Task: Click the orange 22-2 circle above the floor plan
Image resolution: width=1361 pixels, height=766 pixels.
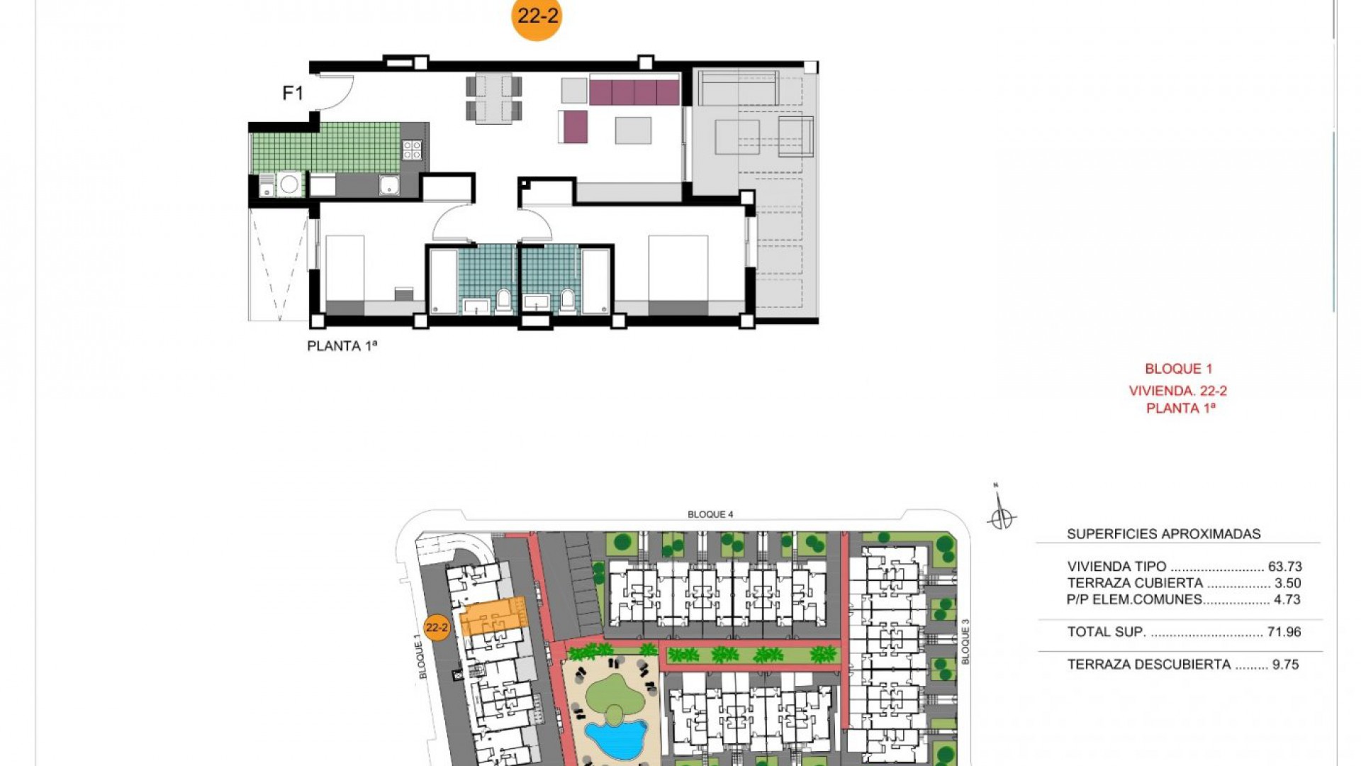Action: (537, 16)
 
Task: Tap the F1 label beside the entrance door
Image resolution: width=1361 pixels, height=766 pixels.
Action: (293, 93)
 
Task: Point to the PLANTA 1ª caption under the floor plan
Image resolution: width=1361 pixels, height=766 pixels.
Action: (342, 346)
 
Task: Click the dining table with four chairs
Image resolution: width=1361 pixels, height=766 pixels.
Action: (494, 98)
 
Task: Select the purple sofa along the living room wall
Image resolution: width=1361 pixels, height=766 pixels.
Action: (634, 91)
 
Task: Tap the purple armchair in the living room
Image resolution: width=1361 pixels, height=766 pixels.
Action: (573, 127)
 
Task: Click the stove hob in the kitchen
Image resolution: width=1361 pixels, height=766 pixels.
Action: (413, 150)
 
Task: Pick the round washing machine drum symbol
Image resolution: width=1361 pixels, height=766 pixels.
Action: (289, 184)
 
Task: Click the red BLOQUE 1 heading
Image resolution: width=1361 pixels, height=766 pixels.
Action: (1179, 369)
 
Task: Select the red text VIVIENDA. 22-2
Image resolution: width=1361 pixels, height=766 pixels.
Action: (1178, 391)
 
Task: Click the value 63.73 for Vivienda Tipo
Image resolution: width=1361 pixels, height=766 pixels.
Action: (1285, 567)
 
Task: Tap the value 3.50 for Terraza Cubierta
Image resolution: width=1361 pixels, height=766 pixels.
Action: (1288, 583)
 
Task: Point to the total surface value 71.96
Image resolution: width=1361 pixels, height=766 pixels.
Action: (1284, 632)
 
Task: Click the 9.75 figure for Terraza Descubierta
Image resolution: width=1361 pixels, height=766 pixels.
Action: (1286, 665)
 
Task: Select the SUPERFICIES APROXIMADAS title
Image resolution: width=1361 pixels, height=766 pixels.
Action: (1164, 534)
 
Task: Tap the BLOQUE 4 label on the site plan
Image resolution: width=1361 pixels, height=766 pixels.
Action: (710, 514)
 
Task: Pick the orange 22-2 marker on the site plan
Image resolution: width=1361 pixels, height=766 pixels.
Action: (437, 628)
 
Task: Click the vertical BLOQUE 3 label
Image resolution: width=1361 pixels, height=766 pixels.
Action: (965, 642)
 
